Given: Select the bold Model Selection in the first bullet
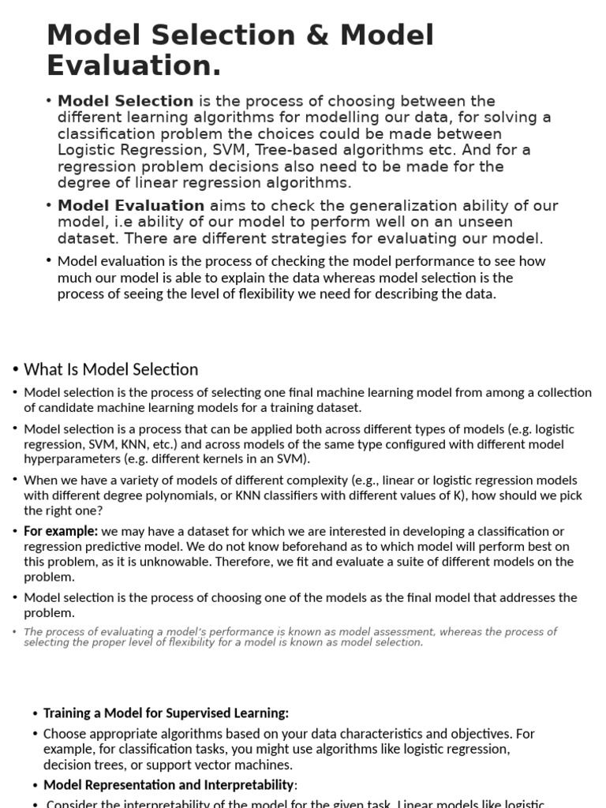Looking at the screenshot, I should [x=125, y=101].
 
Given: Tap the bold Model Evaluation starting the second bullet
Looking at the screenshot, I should [x=131, y=206].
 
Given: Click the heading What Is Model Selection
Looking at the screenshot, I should [x=111, y=369].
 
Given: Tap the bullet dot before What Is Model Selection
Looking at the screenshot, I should [x=15, y=369].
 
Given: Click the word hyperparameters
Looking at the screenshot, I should [x=73, y=459].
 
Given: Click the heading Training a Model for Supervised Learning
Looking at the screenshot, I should [x=166, y=713].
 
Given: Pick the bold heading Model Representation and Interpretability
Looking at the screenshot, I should [x=168, y=785].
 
